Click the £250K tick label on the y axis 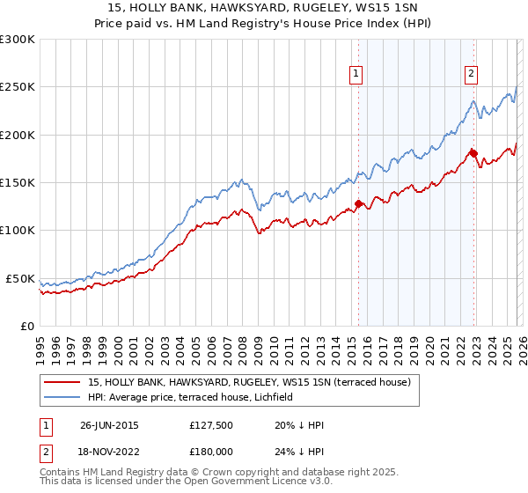pyautogui.click(x=18, y=87)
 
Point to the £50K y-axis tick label pyautogui.click(x=20, y=278)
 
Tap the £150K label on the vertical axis pyautogui.click(x=18, y=183)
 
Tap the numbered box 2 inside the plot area pyautogui.click(x=472, y=75)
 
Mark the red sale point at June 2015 pyautogui.click(x=358, y=203)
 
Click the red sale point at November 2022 pyautogui.click(x=473, y=153)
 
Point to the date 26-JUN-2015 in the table pyautogui.click(x=109, y=424)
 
